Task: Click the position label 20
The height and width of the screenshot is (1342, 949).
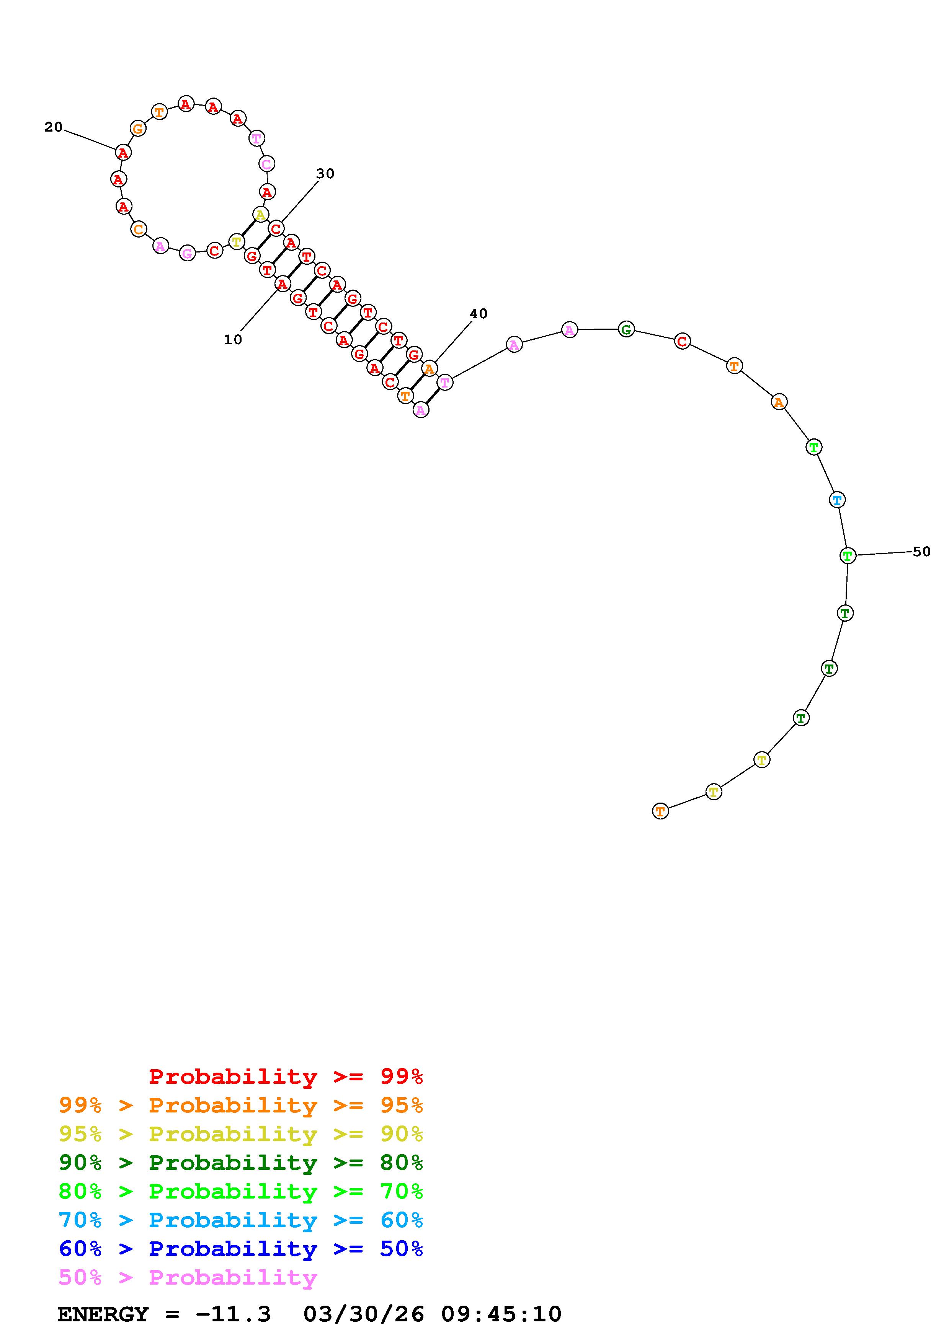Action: point(53,127)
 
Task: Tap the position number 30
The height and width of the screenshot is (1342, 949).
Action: point(325,174)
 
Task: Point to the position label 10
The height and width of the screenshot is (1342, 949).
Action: point(233,340)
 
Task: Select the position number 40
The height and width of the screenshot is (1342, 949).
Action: point(478,314)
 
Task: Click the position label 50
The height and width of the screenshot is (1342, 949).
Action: point(921,552)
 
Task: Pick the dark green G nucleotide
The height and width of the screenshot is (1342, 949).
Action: point(626,330)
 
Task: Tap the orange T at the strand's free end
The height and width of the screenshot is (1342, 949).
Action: point(660,811)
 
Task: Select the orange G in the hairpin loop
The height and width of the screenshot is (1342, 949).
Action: point(138,129)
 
